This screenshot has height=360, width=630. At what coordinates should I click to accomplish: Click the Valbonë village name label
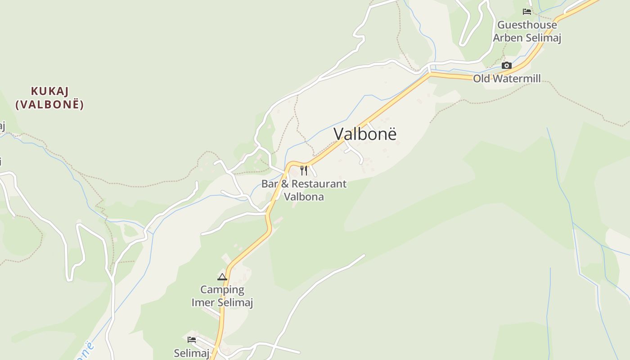coord(365,134)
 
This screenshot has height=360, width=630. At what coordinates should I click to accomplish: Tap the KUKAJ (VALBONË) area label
coord(49,98)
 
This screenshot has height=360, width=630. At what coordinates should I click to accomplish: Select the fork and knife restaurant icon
coord(304,170)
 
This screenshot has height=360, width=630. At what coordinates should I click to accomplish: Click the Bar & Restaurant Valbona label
coord(304,190)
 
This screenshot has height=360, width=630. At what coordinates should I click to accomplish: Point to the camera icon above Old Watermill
coord(507,66)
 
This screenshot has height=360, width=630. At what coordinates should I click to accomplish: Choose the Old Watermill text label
coord(506,79)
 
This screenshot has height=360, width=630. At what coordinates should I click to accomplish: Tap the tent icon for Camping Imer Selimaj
coord(222,277)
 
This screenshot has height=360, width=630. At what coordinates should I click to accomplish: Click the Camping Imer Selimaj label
coord(222,296)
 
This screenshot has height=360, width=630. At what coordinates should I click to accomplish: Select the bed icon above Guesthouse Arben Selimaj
coord(526,12)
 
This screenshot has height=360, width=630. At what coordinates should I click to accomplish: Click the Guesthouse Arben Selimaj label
coord(527,31)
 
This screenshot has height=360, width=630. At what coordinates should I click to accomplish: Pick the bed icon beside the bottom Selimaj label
coord(192,339)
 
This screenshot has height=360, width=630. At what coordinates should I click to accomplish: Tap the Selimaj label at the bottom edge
coord(192,353)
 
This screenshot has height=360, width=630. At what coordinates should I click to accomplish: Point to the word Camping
coord(222,289)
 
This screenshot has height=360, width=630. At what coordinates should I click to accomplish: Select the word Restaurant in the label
coord(319,184)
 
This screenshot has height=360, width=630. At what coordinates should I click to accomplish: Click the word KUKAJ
coord(49,91)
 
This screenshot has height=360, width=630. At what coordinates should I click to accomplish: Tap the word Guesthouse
coord(527,25)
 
